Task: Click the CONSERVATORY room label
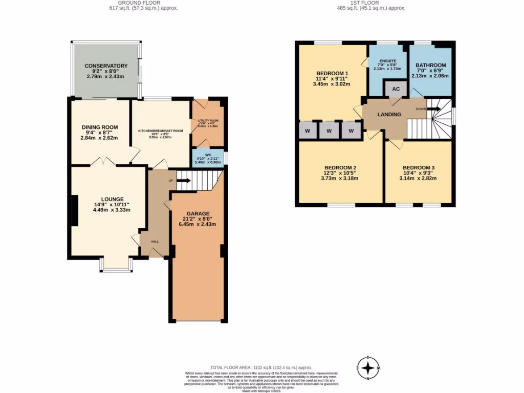click(106, 66)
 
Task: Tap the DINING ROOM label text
click(100, 127)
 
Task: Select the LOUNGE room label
click(112, 199)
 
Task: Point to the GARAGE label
click(198, 213)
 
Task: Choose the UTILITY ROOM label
click(208, 121)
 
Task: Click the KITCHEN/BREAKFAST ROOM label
click(160, 131)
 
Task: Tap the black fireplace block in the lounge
click(75, 210)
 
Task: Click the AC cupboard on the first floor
click(396, 89)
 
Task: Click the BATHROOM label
click(430, 65)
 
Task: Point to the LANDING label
click(389, 114)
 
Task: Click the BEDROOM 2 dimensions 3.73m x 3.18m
click(340, 179)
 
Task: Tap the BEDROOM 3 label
click(418, 168)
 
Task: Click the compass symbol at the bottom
click(367, 367)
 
